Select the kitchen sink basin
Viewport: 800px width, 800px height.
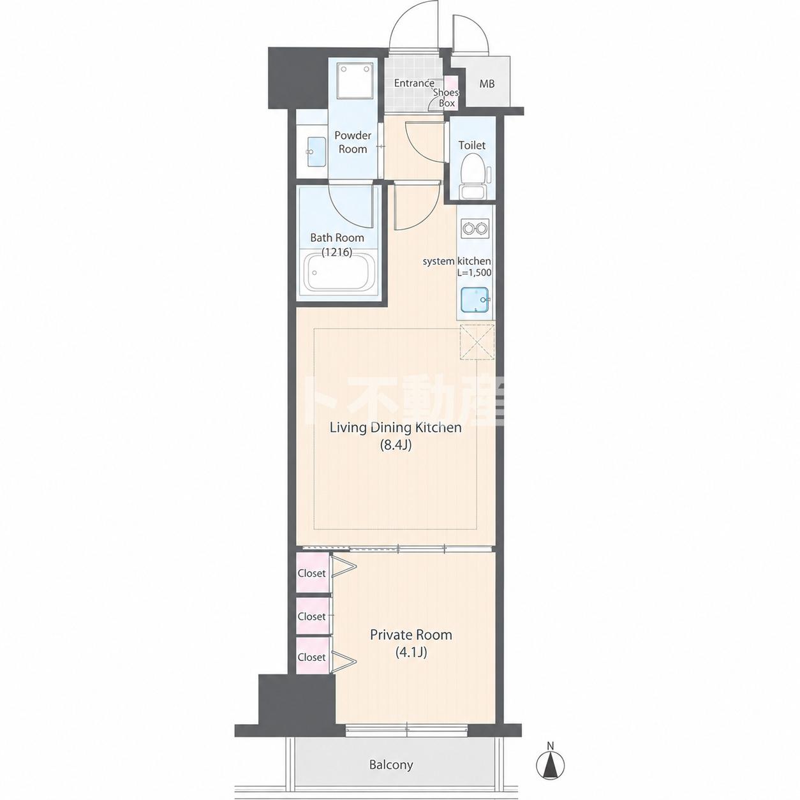(474, 300)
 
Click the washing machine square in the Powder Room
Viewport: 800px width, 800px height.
(353, 81)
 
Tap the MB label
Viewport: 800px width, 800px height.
(487, 84)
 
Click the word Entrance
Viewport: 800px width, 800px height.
(414, 83)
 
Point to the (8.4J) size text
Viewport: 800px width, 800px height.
(396, 445)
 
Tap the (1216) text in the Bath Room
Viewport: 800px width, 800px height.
(337, 251)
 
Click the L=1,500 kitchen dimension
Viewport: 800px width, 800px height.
(474, 273)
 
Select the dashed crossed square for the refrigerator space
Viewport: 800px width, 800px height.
(477, 342)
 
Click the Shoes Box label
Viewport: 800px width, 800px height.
(447, 98)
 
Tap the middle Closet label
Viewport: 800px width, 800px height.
(311, 616)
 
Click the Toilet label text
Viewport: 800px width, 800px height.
(472, 145)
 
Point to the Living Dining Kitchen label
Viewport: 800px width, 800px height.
(396, 427)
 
